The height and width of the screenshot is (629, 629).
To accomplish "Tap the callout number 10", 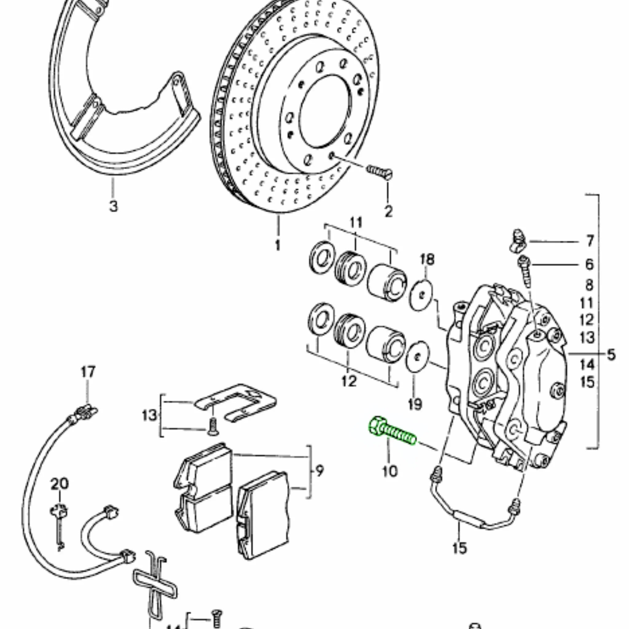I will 390,471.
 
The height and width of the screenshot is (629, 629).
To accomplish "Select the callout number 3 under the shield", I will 113,206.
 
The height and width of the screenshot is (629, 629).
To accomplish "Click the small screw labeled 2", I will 380,172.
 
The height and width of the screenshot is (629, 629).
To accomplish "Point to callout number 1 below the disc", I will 278,245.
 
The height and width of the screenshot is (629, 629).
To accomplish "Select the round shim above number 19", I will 418,356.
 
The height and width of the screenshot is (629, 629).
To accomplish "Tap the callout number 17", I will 88,372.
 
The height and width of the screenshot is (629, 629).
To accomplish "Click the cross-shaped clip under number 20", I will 59,511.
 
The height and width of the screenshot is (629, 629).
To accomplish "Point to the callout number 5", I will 611,354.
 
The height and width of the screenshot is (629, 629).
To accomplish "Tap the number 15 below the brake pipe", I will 459,548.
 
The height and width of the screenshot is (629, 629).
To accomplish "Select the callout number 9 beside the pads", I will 319,471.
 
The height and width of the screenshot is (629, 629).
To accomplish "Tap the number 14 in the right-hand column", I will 587,364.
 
